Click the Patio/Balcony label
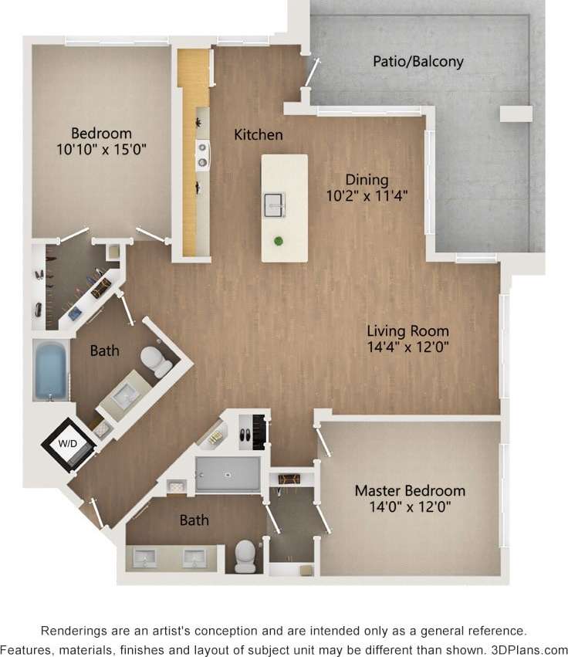(x=418, y=61)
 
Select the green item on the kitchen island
(x=279, y=241)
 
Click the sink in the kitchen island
(x=275, y=204)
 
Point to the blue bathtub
(x=51, y=371)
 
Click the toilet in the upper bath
(x=157, y=361)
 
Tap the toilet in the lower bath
(x=246, y=554)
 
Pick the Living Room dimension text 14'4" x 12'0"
(x=409, y=347)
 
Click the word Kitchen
(x=259, y=135)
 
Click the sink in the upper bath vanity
(x=123, y=395)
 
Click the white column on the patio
(x=516, y=114)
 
